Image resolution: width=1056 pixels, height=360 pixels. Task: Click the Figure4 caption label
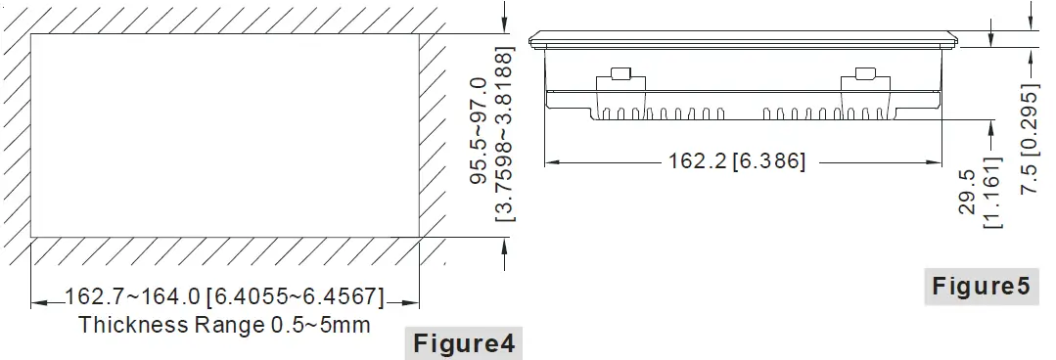click(462, 343)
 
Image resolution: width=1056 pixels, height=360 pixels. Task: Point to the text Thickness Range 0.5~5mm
click(224, 325)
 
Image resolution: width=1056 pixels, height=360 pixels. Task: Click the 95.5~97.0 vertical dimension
click(480, 132)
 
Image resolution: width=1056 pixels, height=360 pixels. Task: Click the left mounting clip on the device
click(620, 76)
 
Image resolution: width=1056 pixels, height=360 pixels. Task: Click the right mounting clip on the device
click(864, 76)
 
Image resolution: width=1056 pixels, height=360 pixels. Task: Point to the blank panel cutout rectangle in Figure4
click(225, 135)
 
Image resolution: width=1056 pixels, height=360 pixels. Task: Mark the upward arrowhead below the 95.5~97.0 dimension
click(503, 246)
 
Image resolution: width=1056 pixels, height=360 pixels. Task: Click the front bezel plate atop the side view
click(743, 40)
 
